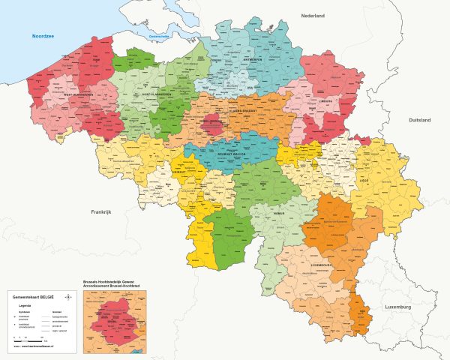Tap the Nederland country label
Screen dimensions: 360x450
point(313,16)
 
